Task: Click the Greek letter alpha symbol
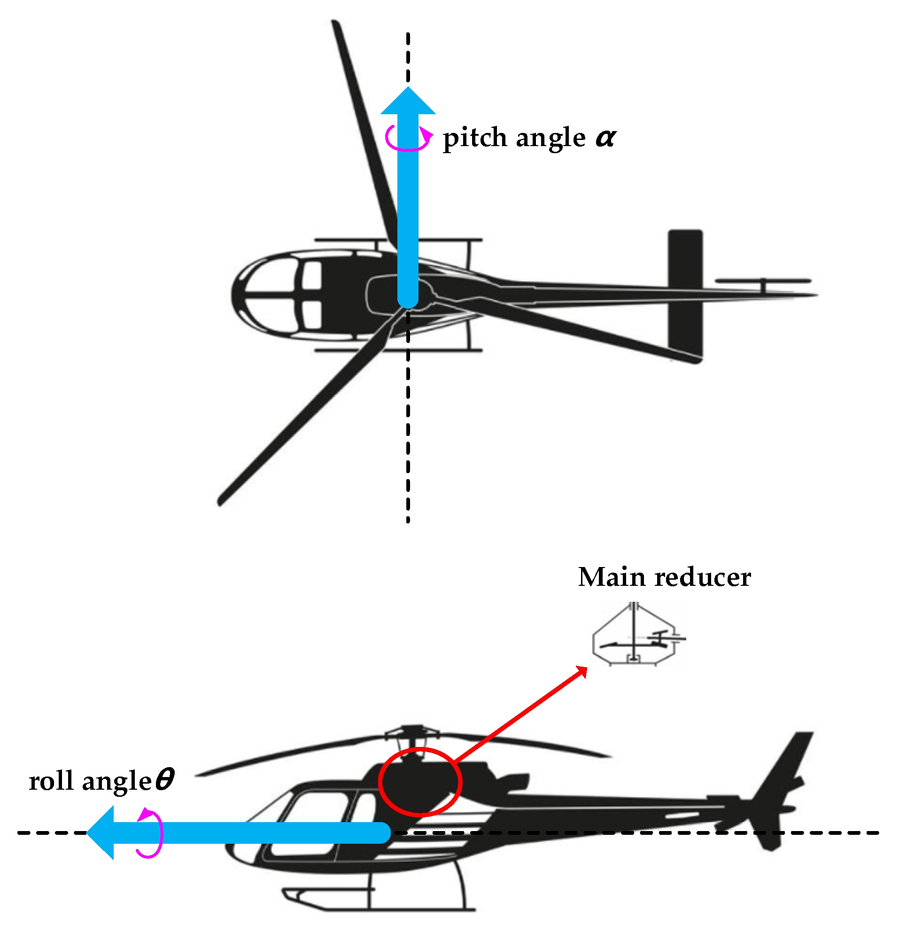[x=606, y=138]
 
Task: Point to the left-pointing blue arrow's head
[x=101, y=832]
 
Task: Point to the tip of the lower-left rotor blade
[x=221, y=501]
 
